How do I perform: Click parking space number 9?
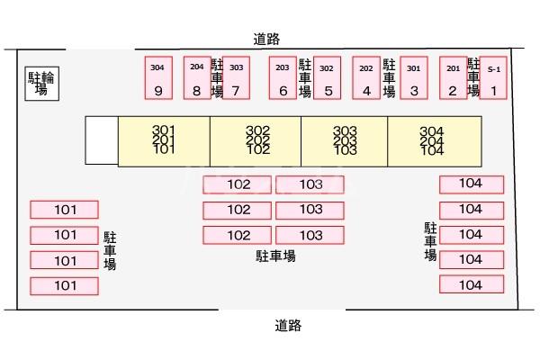(158, 79)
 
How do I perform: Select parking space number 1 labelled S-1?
(493, 79)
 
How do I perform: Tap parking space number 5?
(328, 79)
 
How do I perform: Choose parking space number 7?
(236, 79)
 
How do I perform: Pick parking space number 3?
(413, 79)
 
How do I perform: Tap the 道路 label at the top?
(267, 39)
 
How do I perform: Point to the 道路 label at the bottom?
(287, 326)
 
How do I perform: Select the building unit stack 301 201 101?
(163, 140)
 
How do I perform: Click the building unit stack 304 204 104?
(432, 140)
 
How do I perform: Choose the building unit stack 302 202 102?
(257, 140)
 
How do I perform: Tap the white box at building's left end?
(102, 140)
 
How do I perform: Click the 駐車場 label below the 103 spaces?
(275, 256)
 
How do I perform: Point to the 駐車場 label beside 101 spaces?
(110, 251)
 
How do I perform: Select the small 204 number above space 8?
(196, 67)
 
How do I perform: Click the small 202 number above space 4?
(366, 67)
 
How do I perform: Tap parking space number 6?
(283, 79)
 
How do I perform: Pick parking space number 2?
(453, 79)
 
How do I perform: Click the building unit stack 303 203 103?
(345, 140)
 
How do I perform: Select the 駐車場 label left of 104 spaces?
(430, 242)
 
